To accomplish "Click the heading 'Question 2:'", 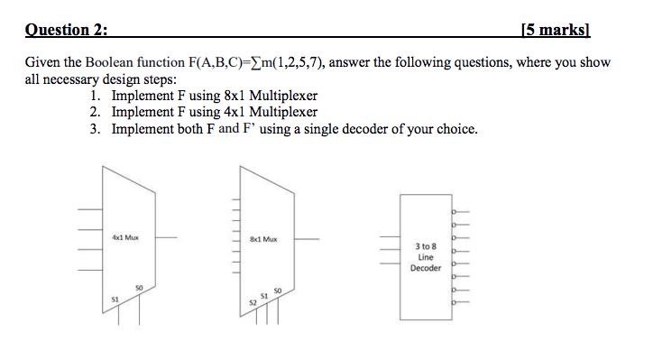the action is pyautogui.click(x=66, y=30).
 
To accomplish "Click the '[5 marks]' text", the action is pyautogui.click(x=556, y=30).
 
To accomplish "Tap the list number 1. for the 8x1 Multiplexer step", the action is pyautogui.click(x=97, y=97).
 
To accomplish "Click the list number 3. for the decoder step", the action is pyautogui.click(x=97, y=129).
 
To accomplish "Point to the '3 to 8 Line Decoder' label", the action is pyautogui.click(x=426, y=256).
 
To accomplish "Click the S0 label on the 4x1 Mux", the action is pyautogui.click(x=138, y=287).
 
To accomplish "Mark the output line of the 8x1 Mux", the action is pyautogui.click(x=307, y=240).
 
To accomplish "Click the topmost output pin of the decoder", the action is pyautogui.click(x=459, y=208).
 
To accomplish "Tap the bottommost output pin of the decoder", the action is pyautogui.click(x=459, y=303).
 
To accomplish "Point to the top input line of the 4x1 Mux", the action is pyautogui.click(x=88, y=211).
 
